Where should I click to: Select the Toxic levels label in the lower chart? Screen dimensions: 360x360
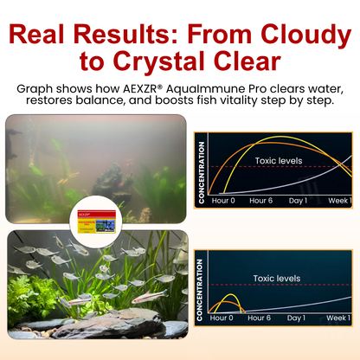(x=275, y=279)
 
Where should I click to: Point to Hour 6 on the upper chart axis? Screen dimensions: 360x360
(x=260, y=201)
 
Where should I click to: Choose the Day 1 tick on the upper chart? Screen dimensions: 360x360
(x=297, y=201)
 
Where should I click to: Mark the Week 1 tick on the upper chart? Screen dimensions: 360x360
(x=338, y=201)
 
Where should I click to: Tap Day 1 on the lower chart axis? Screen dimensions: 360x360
(x=297, y=318)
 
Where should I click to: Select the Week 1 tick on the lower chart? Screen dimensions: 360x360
(x=338, y=318)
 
